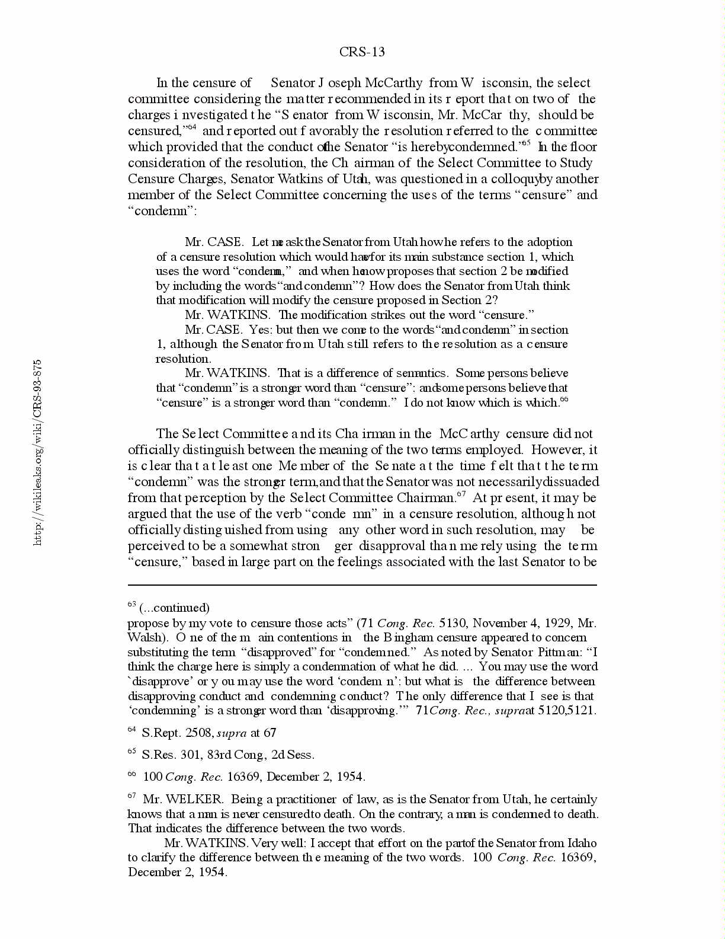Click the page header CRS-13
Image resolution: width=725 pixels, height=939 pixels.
click(x=362, y=52)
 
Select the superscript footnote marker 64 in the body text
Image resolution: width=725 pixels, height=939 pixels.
click(x=191, y=127)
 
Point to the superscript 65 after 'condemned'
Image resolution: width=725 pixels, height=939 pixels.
click(x=525, y=143)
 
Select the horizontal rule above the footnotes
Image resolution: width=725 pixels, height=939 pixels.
click(x=362, y=585)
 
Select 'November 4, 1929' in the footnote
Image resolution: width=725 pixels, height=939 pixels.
click(x=522, y=623)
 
